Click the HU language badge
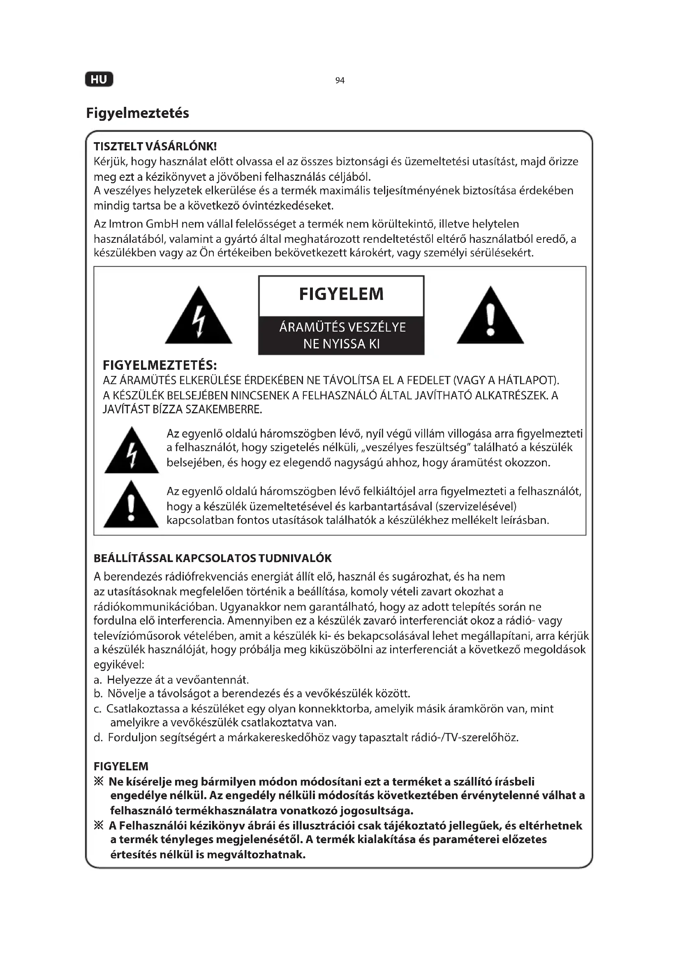point(99,80)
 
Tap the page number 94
point(340,81)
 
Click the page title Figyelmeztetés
point(137,113)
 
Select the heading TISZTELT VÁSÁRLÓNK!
point(155,147)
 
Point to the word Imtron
point(126,224)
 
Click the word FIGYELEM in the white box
point(341,294)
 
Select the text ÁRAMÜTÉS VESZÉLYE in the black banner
point(342,327)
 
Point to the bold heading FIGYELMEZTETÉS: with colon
point(160,365)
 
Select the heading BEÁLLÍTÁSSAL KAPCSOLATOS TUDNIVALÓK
point(212,558)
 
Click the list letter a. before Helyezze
point(97,680)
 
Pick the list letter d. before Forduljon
point(98,737)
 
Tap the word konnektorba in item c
point(335,709)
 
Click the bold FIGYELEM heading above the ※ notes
point(121,766)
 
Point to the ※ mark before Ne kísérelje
point(98,781)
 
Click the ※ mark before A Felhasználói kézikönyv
point(98,825)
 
